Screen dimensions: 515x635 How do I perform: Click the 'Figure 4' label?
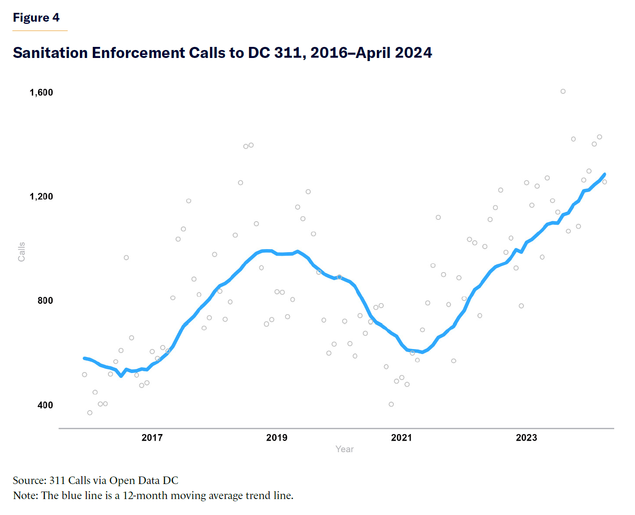pos(36,18)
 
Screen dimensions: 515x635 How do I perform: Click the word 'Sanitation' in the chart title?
pos(50,53)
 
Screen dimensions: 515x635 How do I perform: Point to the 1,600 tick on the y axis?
pos(41,92)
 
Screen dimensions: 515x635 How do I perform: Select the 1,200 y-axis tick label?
pos(41,196)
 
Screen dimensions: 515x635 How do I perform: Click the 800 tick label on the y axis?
pos(45,301)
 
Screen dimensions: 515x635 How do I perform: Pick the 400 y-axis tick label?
pos(45,405)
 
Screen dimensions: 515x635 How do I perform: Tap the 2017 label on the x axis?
pos(152,438)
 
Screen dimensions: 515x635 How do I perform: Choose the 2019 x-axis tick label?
pos(277,438)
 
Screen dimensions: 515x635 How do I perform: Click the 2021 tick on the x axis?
pos(401,438)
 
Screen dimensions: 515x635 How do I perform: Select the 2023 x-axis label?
pos(526,438)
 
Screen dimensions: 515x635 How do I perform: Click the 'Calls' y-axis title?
pos(21,252)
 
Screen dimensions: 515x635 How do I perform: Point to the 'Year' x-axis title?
pos(344,449)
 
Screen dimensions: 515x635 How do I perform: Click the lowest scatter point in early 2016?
pos(90,413)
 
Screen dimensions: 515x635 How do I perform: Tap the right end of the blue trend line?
pos(604,174)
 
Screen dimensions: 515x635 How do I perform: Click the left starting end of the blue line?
pos(85,358)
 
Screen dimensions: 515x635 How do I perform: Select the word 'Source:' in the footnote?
pos(30,480)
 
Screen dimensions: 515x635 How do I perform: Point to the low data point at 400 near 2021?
pos(391,404)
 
